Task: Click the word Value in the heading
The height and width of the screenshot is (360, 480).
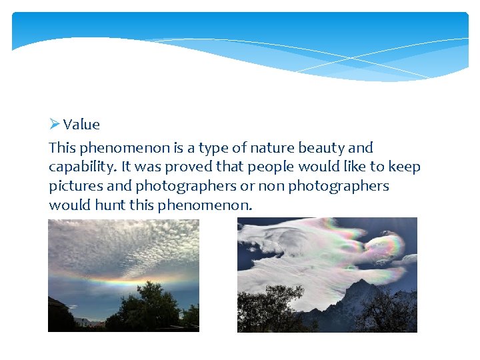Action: click(x=81, y=125)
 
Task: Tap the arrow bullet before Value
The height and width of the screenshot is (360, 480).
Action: click(x=55, y=124)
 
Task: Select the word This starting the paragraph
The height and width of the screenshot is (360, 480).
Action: click(x=63, y=148)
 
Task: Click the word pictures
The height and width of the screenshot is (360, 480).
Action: click(x=75, y=186)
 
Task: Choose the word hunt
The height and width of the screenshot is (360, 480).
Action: click(x=109, y=205)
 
